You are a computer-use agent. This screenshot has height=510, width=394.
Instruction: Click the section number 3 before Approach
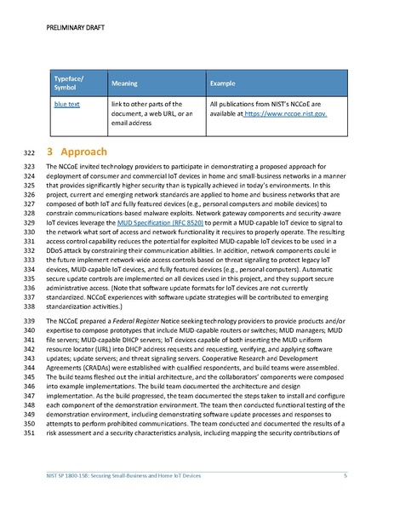[x=50, y=150]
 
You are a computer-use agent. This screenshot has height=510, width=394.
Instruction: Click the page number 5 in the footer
[x=345, y=474]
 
